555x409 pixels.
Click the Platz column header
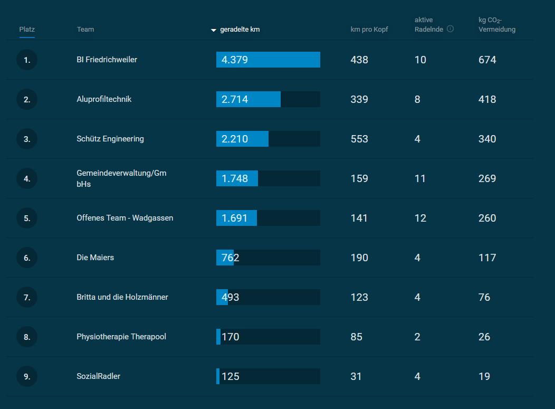[x=27, y=29]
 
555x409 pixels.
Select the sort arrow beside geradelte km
[x=214, y=30]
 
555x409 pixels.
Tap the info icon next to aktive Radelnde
[x=450, y=29]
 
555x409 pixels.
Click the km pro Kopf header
[x=369, y=29]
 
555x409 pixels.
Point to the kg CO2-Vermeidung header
[x=496, y=25]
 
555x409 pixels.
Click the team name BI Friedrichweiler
[x=107, y=60]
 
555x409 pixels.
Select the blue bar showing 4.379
[x=268, y=60]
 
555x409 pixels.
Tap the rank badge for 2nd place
[x=27, y=99]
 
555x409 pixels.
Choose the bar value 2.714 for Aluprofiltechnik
[x=235, y=99]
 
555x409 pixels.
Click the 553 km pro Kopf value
[x=359, y=139]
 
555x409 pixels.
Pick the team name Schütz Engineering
[x=110, y=139]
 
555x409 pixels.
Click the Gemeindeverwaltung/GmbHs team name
[x=121, y=178]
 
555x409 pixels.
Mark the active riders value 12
[x=420, y=218]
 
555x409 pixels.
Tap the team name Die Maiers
[x=95, y=258]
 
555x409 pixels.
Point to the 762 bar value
[x=230, y=258]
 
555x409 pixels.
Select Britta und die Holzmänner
[x=122, y=297]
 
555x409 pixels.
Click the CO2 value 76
[x=484, y=297]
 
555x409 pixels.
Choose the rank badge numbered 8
[x=27, y=337]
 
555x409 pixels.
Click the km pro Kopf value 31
[x=356, y=376]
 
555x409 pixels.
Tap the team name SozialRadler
[x=98, y=376]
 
